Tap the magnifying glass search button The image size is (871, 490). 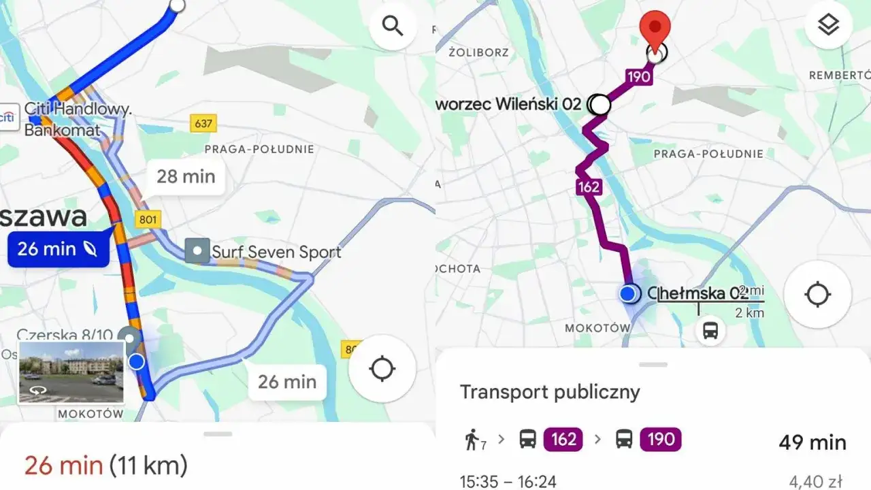(393, 27)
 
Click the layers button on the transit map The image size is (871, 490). (828, 25)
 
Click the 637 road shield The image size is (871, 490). (203, 124)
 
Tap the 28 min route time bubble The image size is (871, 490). (186, 177)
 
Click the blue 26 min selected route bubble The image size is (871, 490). (57, 249)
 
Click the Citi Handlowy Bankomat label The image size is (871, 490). (76, 119)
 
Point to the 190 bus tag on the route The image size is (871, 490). (638, 76)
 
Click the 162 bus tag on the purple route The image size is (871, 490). (589, 186)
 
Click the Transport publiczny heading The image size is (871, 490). (550, 392)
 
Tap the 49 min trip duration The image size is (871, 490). (812, 442)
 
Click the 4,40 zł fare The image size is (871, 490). (815, 482)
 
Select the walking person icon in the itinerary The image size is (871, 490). (472, 440)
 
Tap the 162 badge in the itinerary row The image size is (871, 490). (563, 440)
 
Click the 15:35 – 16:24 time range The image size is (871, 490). (508, 482)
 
